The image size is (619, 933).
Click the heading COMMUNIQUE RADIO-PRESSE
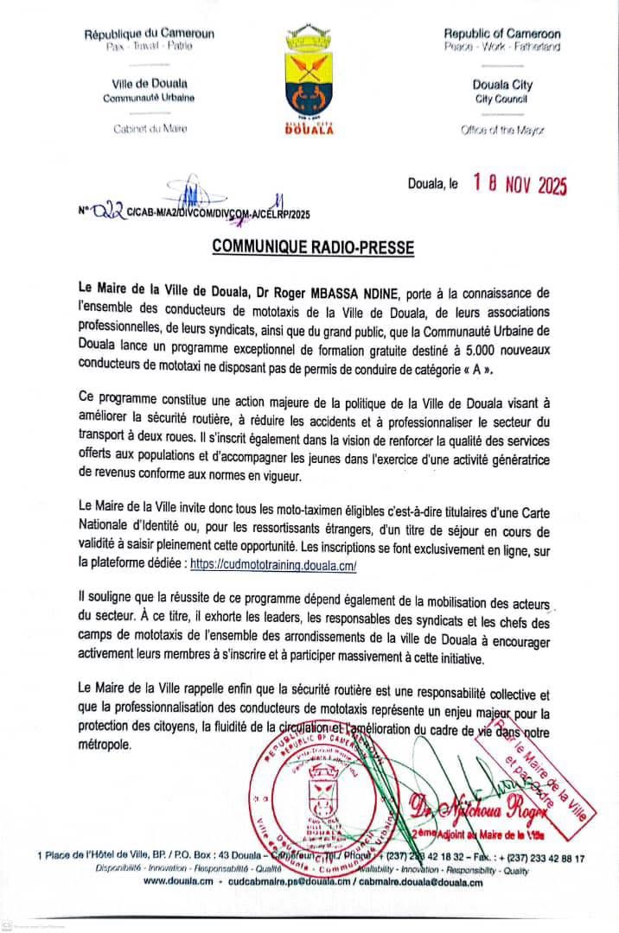pyautogui.click(x=313, y=248)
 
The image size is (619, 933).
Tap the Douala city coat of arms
pyautogui.click(x=309, y=79)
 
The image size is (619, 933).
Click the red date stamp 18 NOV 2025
pyautogui.click(x=519, y=184)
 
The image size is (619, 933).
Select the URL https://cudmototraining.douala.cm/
pyautogui.click(x=273, y=563)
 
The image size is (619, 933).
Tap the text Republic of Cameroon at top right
pyautogui.click(x=502, y=34)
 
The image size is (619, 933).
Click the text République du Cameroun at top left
pyautogui.click(x=150, y=35)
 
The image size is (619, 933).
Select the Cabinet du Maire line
pyautogui.click(x=150, y=129)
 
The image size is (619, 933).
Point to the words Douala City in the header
pyautogui.click(x=502, y=85)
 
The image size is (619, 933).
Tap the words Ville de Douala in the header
pyautogui.click(x=150, y=84)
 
